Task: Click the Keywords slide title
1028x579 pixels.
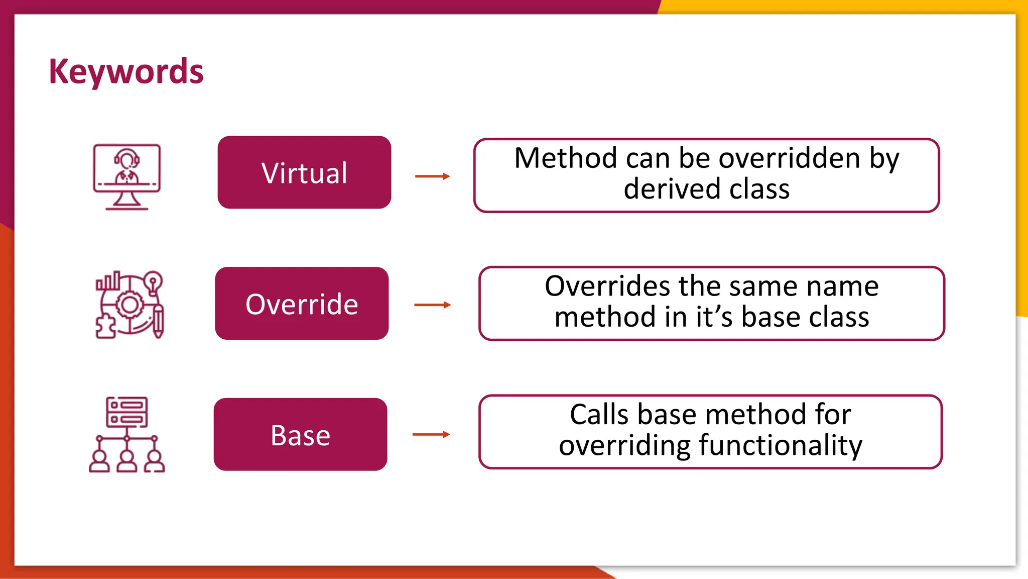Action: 126,71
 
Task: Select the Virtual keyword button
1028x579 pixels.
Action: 304,172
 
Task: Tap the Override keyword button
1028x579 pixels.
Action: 302,304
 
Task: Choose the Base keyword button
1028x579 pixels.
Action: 300,435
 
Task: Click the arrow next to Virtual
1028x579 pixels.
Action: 432,176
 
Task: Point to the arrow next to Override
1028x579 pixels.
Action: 432,305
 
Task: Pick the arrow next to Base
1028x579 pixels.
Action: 431,434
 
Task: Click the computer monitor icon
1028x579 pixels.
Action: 127,176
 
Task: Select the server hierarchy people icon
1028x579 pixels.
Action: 127,435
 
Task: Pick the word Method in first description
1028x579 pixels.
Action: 566,158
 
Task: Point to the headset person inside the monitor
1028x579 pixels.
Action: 126,166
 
